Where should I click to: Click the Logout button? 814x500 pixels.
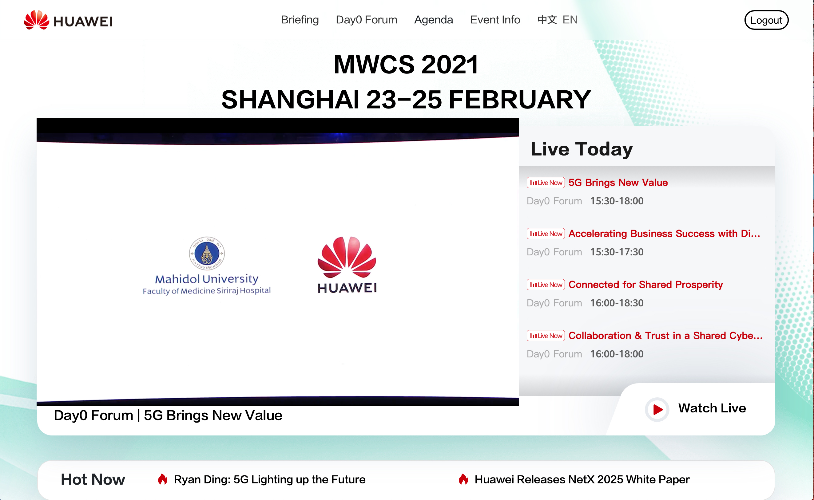click(766, 20)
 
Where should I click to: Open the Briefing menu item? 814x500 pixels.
click(300, 20)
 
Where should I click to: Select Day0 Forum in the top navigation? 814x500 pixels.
click(366, 20)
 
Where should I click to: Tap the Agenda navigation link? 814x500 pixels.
click(434, 20)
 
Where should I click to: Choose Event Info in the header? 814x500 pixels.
click(495, 20)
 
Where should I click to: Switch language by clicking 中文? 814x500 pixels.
click(547, 20)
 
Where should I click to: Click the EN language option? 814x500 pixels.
click(570, 20)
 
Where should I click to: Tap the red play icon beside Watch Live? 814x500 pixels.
click(657, 409)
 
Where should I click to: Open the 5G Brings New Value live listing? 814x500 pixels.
click(618, 183)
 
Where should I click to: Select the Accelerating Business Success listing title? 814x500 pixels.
click(664, 234)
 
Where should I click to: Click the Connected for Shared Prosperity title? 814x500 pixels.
click(645, 284)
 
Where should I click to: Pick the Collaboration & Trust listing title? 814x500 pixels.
click(665, 336)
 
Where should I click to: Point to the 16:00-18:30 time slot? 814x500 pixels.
click(617, 303)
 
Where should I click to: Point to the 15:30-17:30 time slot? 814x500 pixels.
click(617, 252)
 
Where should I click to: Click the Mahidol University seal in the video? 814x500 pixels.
click(207, 253)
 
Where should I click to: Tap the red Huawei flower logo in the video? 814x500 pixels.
click(347, 257)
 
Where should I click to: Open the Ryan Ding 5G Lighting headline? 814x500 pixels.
click(270, 479)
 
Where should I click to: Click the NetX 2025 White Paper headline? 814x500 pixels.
click(582, 479)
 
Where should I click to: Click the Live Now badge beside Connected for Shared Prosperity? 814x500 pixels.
click(546, 285)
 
